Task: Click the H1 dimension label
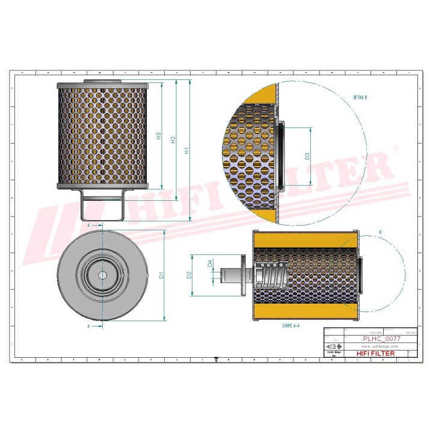click(187, 151)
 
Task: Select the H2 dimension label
click(173, 140)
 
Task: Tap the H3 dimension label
click(159, 136)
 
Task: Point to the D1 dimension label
click(162, 275)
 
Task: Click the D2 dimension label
click(189, 275)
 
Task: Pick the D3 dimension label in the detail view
click(307, 156)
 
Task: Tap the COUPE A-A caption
click(291, 324)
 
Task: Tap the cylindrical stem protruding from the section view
click(232, 275)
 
